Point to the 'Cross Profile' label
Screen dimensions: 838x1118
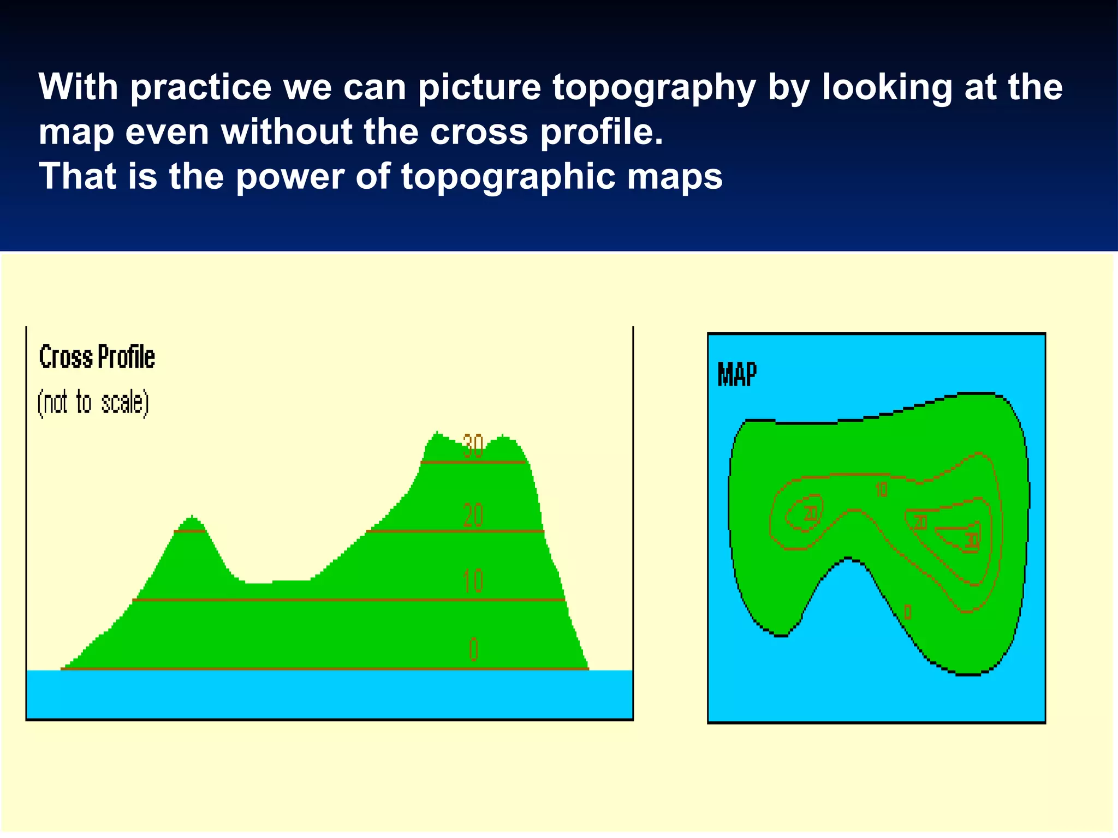tap(97, 357)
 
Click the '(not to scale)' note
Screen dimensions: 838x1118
tap(93, 403)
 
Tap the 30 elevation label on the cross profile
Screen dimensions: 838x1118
tap(473, 446)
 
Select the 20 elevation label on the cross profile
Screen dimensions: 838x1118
tap(473, 515)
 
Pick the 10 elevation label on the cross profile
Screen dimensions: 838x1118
tap(473, 581)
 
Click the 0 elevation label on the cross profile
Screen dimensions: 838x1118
tap(473, 649)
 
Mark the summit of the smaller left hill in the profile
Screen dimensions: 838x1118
tap(192, 517)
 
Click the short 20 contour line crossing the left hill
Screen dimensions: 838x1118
tap(189, 531)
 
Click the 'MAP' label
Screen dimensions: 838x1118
tap(736, 375)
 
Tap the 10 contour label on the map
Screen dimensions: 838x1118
tap(881, 489)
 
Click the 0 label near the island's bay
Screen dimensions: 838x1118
tap(907, 612)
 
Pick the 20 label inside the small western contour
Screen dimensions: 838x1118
tap(810, 513)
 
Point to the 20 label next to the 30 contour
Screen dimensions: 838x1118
tap(920, 522)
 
